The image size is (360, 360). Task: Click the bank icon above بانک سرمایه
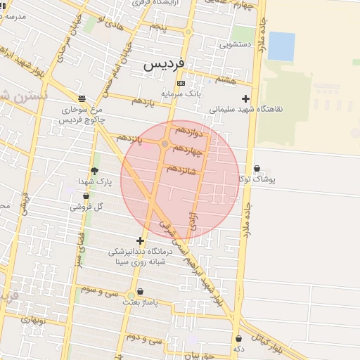(181, 84)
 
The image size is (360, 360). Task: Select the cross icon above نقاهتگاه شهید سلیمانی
(245, 98)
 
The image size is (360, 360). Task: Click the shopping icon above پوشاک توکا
(257, 169)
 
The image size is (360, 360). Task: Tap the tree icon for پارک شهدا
(94, 171)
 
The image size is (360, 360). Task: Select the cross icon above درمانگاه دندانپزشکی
(140, 240)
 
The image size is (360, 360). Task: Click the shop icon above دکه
(239, 338)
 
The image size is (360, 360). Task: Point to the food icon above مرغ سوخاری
(82, 98)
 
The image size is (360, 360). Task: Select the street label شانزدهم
(186, 169)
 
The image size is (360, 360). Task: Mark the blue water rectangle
(281, 46)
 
